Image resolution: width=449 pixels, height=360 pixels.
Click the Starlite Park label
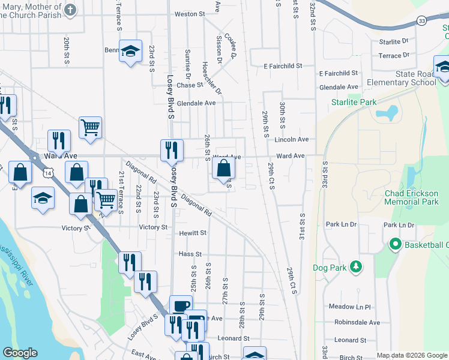(354, 102)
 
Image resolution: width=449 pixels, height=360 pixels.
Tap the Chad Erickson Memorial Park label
(411, 197)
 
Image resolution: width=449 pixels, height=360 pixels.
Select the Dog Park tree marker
(356, 266)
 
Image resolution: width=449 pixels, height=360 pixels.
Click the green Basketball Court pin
(395, 244)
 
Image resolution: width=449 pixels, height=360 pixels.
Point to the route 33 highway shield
(423, 21)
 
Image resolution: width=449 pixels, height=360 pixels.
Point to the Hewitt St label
(193, 233)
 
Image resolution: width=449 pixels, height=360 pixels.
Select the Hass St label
(190, 254)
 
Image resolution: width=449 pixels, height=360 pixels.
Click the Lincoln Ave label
(291, 139)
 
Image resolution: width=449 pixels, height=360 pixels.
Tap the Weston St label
(190, 14)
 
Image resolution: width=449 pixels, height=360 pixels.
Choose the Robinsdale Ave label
(358, 322)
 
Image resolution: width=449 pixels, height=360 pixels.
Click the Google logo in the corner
(20, 353)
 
